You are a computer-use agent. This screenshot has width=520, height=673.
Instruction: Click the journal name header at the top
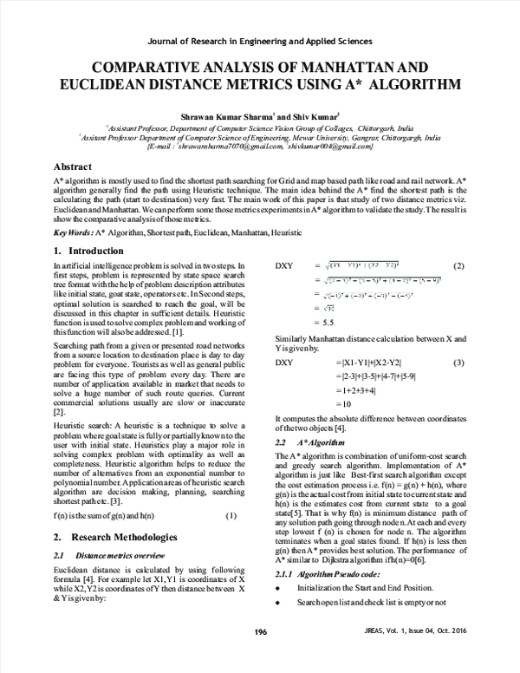[x=260, y=41]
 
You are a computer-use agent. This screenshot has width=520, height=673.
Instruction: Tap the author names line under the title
[x=259, y=114]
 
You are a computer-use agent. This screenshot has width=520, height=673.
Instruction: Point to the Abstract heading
[x=74, y=165]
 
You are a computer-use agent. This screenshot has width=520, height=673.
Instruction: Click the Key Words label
[x=73, y=234]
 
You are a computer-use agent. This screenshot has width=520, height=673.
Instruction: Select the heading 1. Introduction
[x=88, y=251]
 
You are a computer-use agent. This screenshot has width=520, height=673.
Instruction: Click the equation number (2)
[x=459, y=265]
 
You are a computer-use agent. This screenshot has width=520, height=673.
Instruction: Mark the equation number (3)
[x=459, y=361]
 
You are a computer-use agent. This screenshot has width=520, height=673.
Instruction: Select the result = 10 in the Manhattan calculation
[x=321, y=404]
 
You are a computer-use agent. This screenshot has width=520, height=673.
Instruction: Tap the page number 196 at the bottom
[x=259, y=656]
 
